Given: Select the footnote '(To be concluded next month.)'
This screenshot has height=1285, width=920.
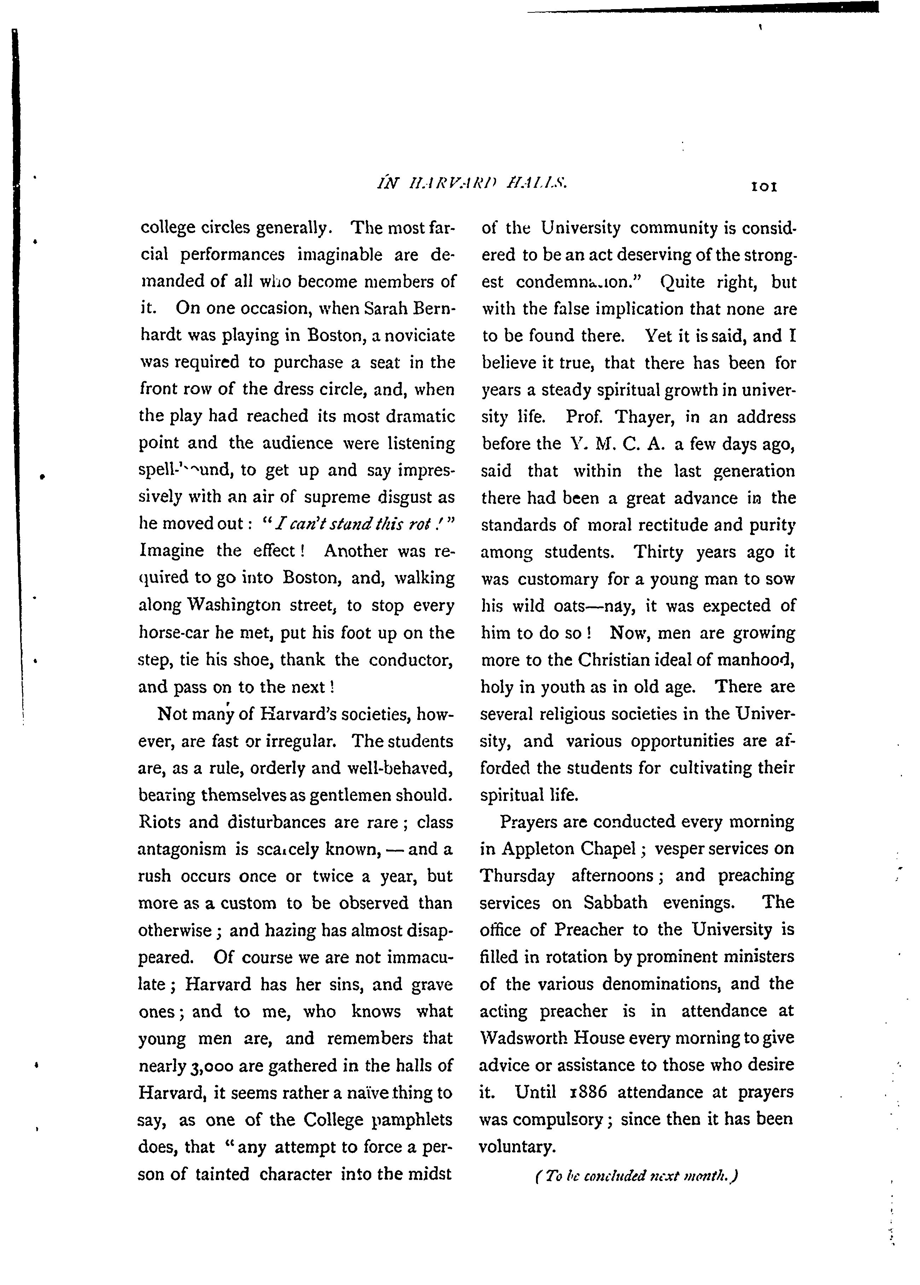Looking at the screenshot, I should (637, 1177).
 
